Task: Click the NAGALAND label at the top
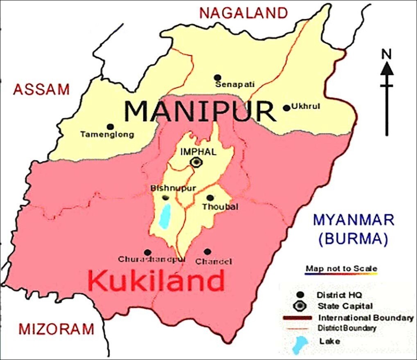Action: click(244, 13)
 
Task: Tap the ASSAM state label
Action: click(41, 89)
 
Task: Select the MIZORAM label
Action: click(56, 328)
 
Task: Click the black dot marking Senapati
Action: click(217, 77)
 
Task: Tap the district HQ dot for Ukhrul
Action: click(286, 108)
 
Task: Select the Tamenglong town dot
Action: click(110, 127)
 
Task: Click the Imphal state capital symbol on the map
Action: click(197, 162)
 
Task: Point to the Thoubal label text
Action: click(220, 207)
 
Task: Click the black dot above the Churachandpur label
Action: click(147, 252)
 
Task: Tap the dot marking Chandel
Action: click(207, 252)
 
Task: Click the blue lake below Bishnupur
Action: click(165, 216)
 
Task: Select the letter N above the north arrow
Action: click(385, 54)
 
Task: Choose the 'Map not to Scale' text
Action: click(341, 269)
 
